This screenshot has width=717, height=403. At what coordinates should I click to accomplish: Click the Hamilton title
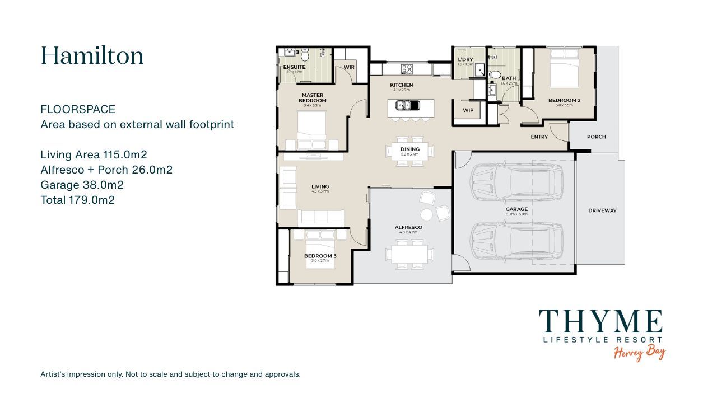(x=92, y=56)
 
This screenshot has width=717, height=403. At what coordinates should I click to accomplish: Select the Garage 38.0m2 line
(x=82, y=185)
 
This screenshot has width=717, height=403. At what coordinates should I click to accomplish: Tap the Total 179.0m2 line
(x=77, y=200)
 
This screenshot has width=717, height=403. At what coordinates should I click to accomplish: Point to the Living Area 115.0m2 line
(x=94, y=154)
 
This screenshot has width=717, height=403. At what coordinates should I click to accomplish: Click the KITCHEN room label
(x=401, y=85)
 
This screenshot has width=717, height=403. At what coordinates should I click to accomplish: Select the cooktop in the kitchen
(x=407, y=69)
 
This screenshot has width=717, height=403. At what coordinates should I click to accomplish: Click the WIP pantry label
(x=468, y=110)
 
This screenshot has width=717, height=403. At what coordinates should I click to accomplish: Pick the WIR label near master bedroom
(x=349, y=67)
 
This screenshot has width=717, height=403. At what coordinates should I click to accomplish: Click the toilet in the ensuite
(x=305, y=56)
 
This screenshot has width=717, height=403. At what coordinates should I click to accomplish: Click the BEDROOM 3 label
(x=320, y=256)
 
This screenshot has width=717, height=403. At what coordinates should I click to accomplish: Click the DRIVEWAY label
(x=602, y=210)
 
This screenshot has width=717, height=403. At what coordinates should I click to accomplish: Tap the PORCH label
(x=596, y=137)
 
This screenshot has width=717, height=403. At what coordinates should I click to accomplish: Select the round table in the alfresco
(x=427, y=214)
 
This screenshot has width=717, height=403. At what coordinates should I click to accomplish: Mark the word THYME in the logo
(x=600, y=322)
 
